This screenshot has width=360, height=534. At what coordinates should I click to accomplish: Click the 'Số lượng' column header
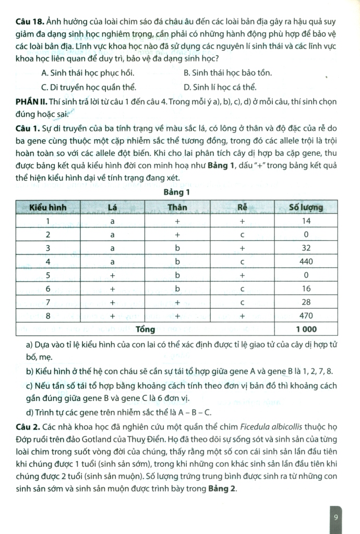pos(306,207)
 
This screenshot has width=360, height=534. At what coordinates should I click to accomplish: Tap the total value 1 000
pos(306,329)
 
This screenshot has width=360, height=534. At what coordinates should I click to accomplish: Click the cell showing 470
pos(306,315)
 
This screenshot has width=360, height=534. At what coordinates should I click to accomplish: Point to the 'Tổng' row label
pos(146,329)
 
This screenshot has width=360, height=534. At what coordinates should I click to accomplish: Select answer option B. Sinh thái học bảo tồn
pos(227,72)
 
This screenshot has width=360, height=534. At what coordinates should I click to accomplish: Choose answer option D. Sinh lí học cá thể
pos(220,87)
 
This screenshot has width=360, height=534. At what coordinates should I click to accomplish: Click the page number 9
pos(336,517)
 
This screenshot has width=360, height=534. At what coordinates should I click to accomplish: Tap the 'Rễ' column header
pos(242,207)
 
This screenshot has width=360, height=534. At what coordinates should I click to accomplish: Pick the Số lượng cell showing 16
pos(306,288)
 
